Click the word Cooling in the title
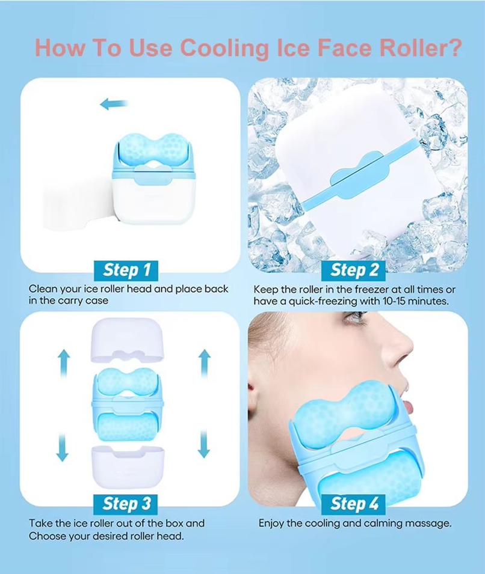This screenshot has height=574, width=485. [x=225, y=48]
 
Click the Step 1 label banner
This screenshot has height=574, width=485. [x=126, y=270]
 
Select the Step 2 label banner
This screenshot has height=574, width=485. [x=354, y=270]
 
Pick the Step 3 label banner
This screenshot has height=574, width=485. [x=126, y=504]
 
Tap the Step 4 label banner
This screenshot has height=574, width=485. [x=354, y=504]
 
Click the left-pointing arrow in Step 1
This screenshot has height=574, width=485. [x=114, y=104]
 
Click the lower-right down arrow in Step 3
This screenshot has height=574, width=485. [x=204, y=444]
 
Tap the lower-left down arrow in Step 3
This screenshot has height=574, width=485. [x=63, y=447]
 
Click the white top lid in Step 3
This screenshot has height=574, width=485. [x=127, y=340]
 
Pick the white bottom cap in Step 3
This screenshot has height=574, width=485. [x=128, y=467]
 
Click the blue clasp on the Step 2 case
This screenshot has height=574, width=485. [x=359, y=176]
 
